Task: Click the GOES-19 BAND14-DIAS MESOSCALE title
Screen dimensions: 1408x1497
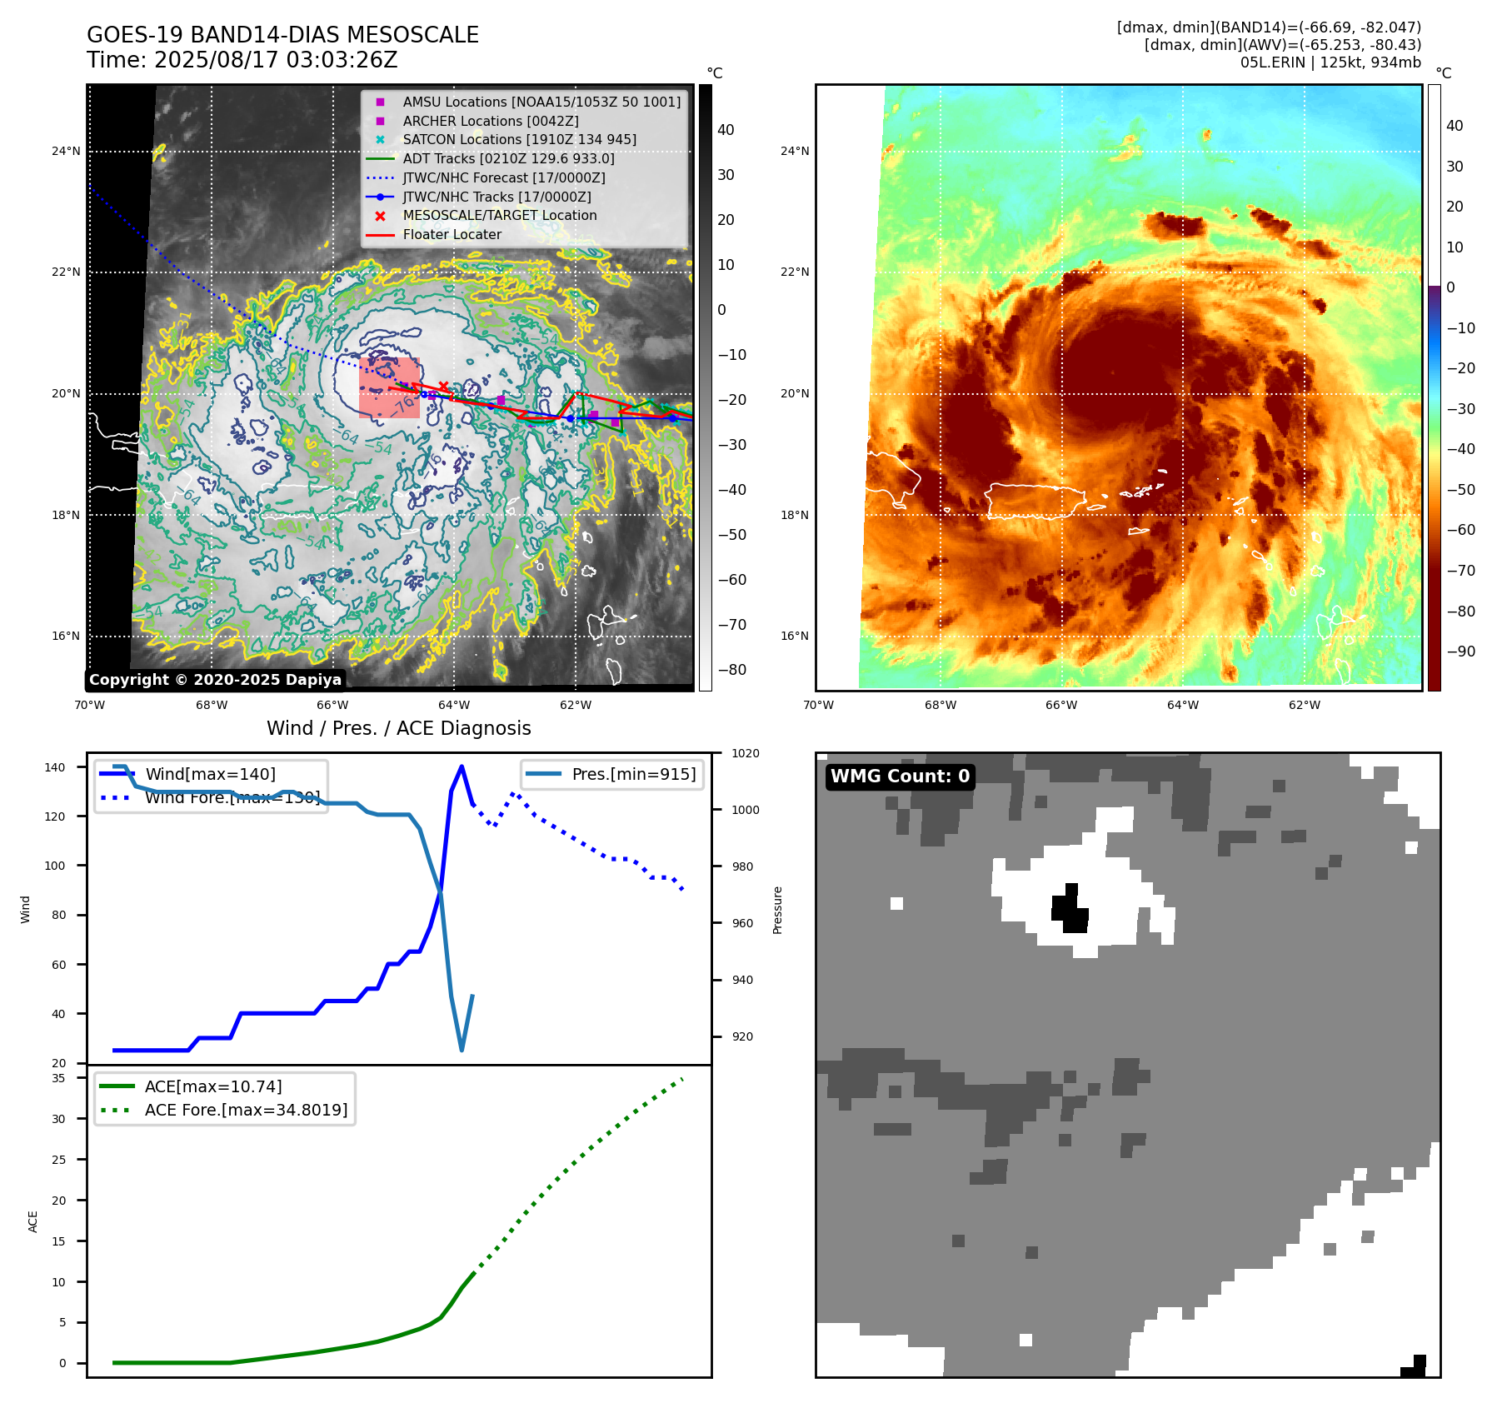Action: tap(282, 35)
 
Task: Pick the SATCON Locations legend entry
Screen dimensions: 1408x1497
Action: tap(519, 140)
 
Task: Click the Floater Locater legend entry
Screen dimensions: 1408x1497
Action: tap(452, 235)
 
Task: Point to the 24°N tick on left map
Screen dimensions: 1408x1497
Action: tap(66, 151)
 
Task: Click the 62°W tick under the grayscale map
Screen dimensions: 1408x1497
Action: tap(575, 706)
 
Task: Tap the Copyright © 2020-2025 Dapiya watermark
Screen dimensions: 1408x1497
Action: tap(215, 680)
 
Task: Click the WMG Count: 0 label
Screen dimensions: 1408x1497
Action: tap(900, 776)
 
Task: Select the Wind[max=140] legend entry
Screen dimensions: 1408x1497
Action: tap(210, 774)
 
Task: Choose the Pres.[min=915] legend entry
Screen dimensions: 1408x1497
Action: tap(633, 774)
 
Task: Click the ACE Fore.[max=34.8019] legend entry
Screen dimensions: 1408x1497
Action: tap(246, 1110)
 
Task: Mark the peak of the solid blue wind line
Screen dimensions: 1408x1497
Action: tap(462, 766)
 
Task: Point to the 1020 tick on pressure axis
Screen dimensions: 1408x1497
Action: tap(745, 754)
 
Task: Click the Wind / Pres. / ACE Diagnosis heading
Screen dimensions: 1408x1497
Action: tap(398, 728)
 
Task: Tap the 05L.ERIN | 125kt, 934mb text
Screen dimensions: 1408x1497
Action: tap(1330, 62)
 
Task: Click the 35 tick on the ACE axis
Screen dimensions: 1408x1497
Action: tap(59, 1078)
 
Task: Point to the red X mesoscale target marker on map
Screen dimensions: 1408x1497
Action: tap(443, 386)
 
